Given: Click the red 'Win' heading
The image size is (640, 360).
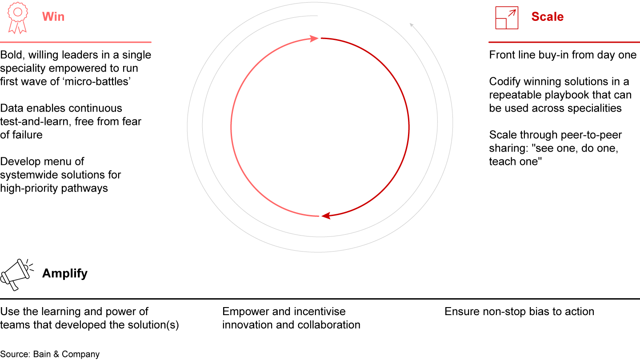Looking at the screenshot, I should [53, 17].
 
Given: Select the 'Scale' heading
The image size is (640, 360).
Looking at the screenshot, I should [547, 17].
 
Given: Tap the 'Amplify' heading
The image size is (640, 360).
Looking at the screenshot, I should [65, 273].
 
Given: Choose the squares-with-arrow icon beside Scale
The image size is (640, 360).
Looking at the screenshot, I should [507, 18].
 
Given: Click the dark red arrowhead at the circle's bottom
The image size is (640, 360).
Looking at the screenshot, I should [326, 216].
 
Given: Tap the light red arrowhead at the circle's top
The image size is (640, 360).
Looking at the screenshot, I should [314, 39].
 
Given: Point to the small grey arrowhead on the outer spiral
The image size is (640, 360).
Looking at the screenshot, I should [412, 25].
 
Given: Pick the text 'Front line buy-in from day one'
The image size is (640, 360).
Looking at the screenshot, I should [563, 55].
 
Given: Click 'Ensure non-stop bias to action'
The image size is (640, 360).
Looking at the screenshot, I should [519, 312].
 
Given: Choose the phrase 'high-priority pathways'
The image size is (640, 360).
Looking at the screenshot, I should [54, 188].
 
